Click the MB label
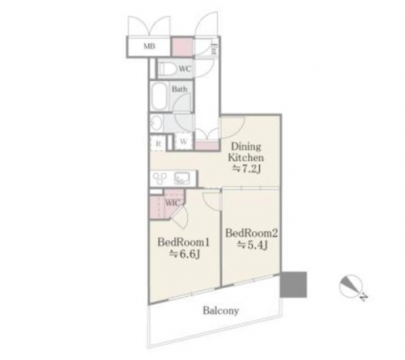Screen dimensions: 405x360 pyautogui.click(x=149, y=46)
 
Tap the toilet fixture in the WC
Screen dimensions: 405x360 pyautogui.click(x=166, y=68)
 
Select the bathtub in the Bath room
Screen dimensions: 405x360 pyautogui.click(x=160, y=96)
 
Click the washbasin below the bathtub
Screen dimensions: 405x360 pyautogui.click(x=156, y=124)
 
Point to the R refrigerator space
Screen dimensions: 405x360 pyautogui.click(x=158, y=144)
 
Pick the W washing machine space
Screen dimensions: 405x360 pyautogui.click(x=184, y=142)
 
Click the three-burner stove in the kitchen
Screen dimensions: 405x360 pyautogui.click(x=160, y=178)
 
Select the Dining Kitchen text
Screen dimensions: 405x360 pyautogui.click(x=245, y=152)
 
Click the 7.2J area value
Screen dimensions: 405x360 pyautogui.click(x=247, y=169)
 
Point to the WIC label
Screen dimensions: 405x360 pyautogui.click(x=173, y=203)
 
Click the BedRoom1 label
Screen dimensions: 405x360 pyautogui.click(x=184, y=242)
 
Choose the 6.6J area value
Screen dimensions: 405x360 pyautogui.click(x=185, y=254)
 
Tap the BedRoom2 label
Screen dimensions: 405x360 pyautogui.click(x=252, y=233)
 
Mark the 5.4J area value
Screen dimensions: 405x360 pyautogui.click(x=253, y=245)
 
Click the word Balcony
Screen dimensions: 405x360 pyautogui.click(x=221, y=311)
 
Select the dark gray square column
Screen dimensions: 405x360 pyautogui.click(x=293, y=285)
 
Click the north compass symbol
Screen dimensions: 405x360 pyautogui.click(x=351, y=286)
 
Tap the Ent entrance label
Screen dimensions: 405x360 pyautogui.click(x=215, y=49)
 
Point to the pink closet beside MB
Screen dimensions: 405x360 pyautogui.click(x=183, y=46)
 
